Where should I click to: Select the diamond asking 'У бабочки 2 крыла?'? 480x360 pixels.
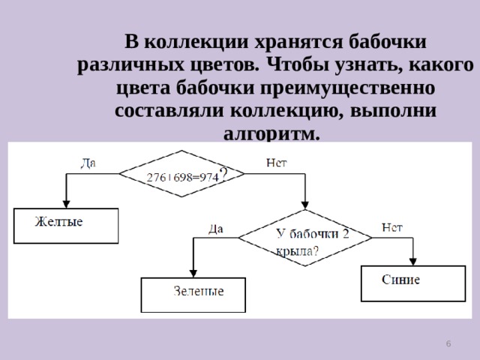[x=304, y=237]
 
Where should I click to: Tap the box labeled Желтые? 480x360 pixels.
[x=66, y=225]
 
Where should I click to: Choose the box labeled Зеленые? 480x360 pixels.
[x=193, y=294]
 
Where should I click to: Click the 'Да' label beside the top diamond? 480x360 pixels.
[x=88, y=162]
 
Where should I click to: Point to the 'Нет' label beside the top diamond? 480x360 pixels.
[x=276, y=162]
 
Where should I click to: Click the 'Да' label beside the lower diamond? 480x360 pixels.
[x=216, y=228]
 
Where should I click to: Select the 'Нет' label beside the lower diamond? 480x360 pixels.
[x=392, y=227]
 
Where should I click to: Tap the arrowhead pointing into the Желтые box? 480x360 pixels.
[x=66, y=203]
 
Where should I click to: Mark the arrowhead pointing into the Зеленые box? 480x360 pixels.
[x=193, y=273]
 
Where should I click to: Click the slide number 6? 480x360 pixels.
[x=448, y=343]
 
